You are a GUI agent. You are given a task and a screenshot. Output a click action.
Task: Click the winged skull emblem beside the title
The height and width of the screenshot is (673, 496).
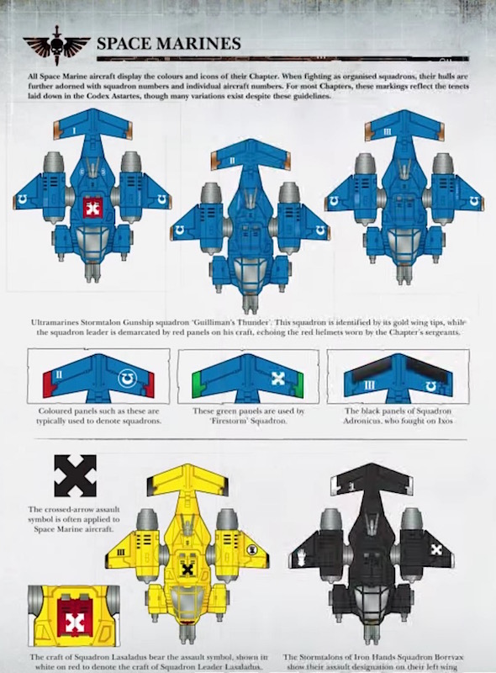point(56,45)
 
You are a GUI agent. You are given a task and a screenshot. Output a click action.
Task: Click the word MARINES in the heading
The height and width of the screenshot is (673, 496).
point(198,44)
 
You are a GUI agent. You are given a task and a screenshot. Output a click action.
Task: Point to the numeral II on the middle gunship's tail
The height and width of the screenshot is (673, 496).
point(232,161)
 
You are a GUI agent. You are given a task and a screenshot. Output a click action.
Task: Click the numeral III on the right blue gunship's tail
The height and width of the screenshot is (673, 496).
point(387,131)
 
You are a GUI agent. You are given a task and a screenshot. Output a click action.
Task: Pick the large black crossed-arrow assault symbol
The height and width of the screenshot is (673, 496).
point(75,475)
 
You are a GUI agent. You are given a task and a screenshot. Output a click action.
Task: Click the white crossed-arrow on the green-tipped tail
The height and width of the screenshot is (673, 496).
point(278,378)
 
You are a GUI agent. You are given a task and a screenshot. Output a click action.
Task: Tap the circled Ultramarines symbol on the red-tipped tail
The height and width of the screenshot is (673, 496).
point(127,377)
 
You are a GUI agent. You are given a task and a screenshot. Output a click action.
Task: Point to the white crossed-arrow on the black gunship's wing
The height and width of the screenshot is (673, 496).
point(436,549)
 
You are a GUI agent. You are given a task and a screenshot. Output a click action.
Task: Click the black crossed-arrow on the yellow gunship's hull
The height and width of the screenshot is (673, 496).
point(187,570)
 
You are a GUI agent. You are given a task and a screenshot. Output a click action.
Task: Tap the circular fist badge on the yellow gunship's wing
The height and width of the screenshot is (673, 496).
point(252,549)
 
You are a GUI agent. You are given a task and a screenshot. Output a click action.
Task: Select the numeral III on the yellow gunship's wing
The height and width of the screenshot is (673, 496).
point(120,552)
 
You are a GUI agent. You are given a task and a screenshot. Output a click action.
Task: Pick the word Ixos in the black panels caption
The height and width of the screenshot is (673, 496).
point(445,421)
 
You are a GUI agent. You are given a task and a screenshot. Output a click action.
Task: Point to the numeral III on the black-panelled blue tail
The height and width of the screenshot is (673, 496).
point(368,385)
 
